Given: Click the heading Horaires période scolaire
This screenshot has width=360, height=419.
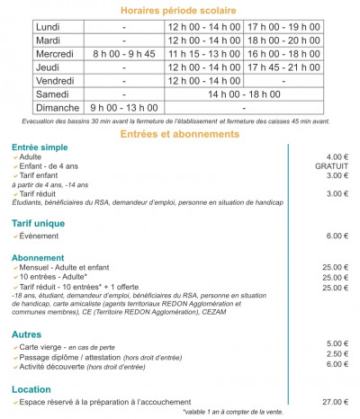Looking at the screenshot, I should click(x=179, y=11).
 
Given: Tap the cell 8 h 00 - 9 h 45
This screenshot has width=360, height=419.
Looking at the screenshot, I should click(x=123, y=53).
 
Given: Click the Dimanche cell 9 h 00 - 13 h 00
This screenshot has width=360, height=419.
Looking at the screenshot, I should click(x=123, y=105).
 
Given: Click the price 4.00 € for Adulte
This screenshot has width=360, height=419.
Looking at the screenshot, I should click(x=337, y=157).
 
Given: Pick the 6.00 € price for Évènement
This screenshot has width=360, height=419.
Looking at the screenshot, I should click(x=337, y=236).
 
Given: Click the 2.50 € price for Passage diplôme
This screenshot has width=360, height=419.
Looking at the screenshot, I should click(x=337, y=354).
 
